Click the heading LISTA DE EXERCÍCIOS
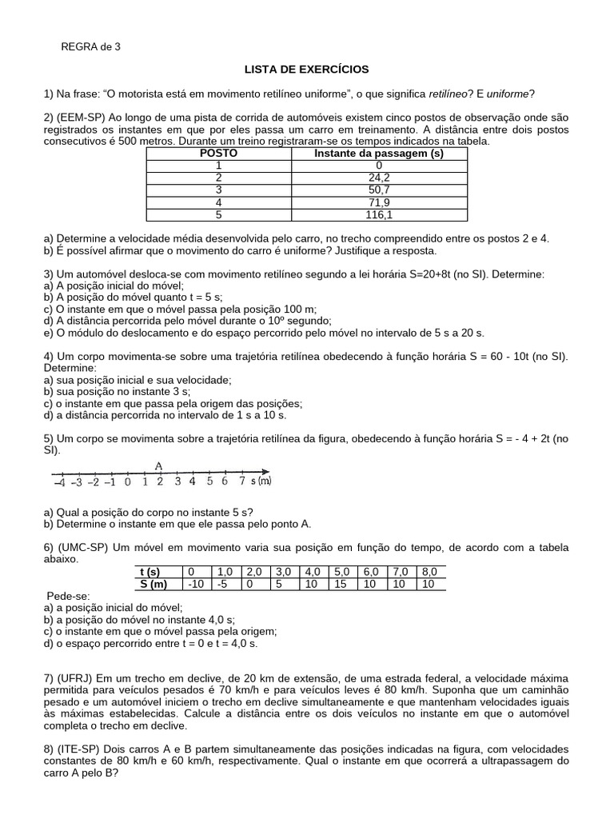(307, 70)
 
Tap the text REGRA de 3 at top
(91, 46)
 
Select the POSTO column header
(218, 153)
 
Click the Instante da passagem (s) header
(379, 153)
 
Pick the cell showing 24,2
(379, 178)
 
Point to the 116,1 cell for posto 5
(379, 214)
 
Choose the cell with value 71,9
(379, 202)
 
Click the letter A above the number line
(159, 465)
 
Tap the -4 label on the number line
(60, 481)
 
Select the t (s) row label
(150, 572)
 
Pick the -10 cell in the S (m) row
(195, 584)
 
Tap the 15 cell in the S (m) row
(341, 584)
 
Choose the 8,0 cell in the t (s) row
(429, 572)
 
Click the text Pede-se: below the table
(69, 596)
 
